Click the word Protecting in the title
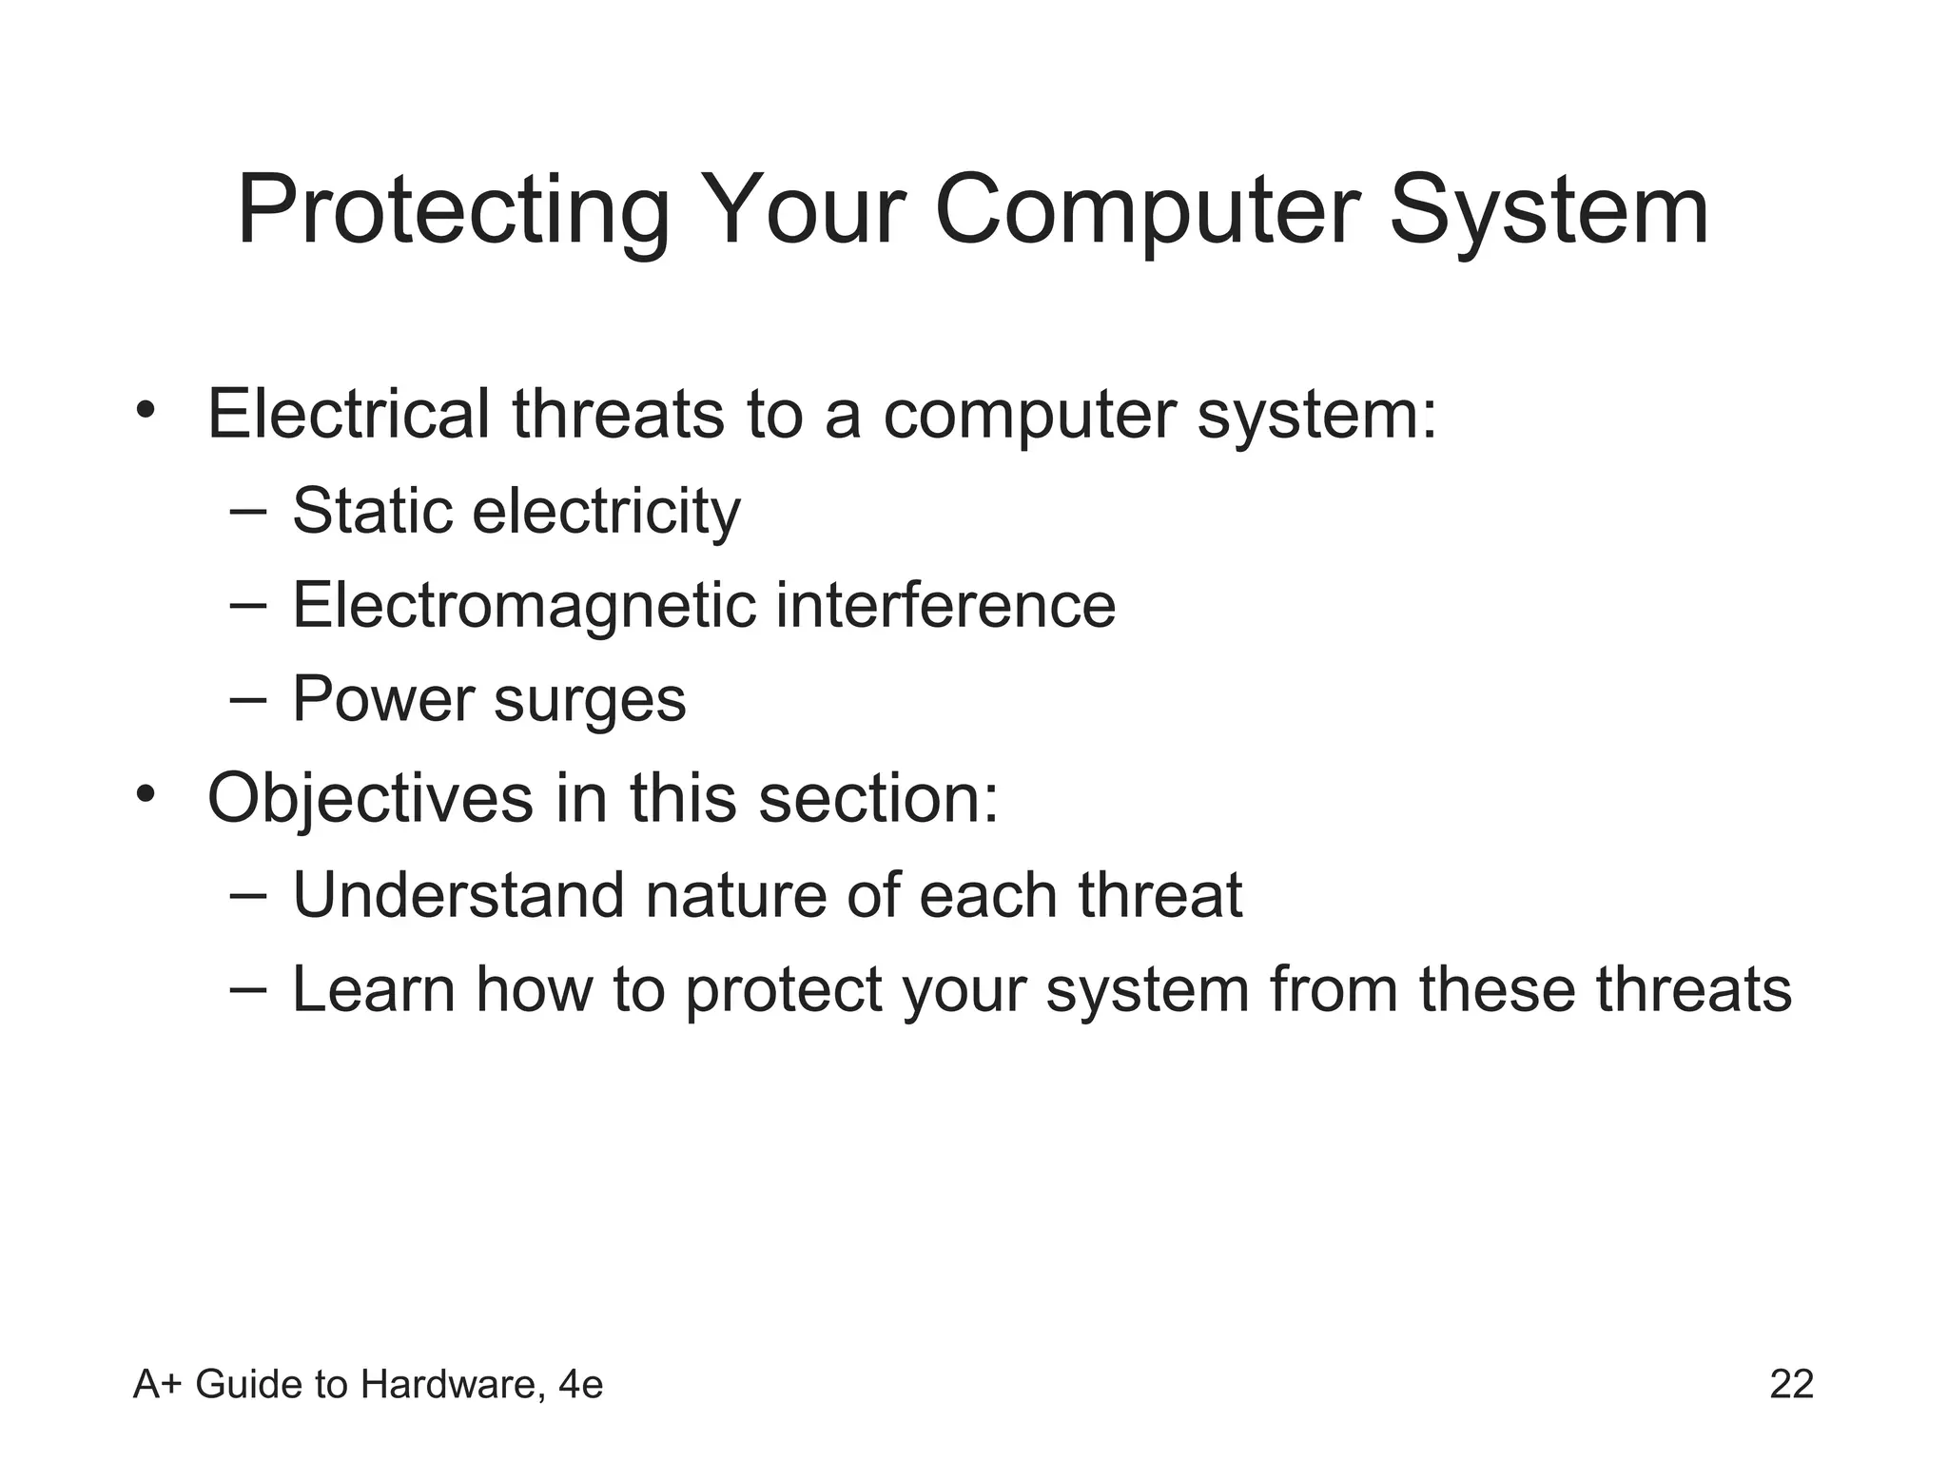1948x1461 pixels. [454, 211]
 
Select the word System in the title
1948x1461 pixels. [1549, 211]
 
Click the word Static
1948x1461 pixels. [372, 511]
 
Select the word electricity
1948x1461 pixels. [606, 513]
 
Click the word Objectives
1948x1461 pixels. [370, 798]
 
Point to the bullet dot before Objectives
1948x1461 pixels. [145, 792]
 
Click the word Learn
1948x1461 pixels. [373, 989]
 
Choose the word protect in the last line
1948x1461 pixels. [784, 991]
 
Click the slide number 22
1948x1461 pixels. [1791, 1385]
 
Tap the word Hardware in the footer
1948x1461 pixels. [452, 1385]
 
